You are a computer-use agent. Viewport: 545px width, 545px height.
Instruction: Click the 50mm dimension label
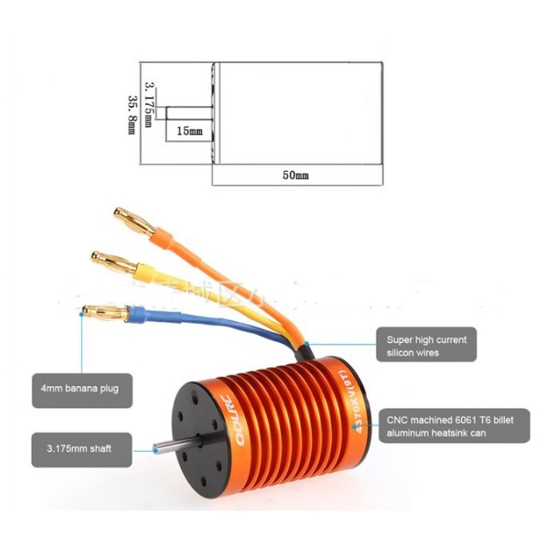pos(294,175)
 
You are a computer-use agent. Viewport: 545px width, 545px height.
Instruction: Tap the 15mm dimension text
pos(189,131)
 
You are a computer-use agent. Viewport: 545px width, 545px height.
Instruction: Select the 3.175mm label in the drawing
pos(148,102)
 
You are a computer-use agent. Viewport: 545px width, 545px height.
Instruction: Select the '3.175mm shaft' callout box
pos(82,448)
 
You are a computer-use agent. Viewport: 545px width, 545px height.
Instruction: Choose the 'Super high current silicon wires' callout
pos(426,346)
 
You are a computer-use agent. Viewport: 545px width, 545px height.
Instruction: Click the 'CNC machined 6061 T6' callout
pos(454,425)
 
